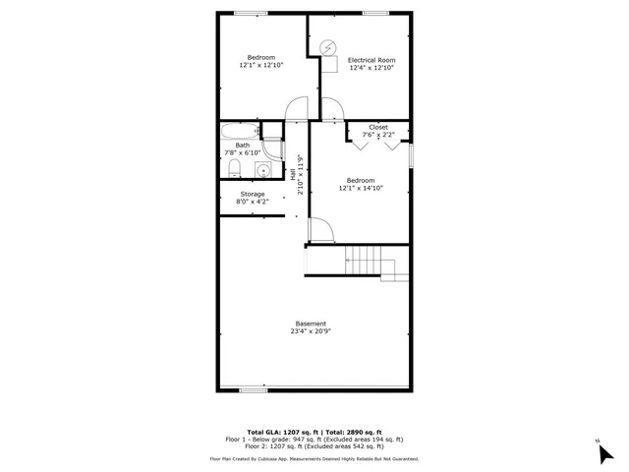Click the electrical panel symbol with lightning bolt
tap(328, 46)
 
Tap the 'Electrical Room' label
tap(372, 60)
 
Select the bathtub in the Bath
tap(240, 131)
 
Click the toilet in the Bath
tap(233, 171)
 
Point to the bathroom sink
tap(263, 171)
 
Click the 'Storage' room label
tap(253, 195)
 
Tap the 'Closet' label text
tap(378, 128)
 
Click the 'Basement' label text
tap(311, 324)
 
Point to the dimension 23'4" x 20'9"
tap(311, 332)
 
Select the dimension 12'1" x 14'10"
tap(360, 188)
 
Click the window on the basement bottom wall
tap(254, 390)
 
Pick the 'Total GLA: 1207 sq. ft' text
tap(279, 433)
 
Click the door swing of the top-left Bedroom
tap(296, 109)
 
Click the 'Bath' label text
tap(242, 146)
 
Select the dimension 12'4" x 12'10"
tap(372, 68)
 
